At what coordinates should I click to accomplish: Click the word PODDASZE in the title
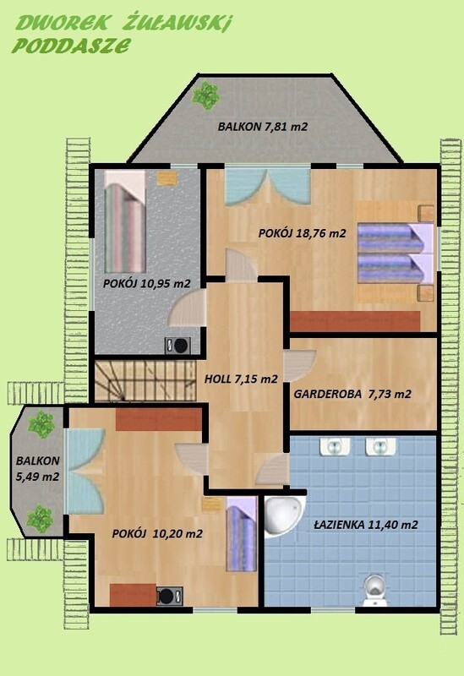71,45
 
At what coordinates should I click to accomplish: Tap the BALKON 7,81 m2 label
263,127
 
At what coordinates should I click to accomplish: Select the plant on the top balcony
205,95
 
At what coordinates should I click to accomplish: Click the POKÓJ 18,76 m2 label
303,233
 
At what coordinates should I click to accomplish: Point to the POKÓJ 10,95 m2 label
146,283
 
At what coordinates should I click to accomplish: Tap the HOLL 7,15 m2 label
241,379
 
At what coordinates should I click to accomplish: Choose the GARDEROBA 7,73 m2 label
352,394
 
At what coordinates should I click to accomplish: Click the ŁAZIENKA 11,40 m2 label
366,525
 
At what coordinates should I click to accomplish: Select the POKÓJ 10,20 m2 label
157,534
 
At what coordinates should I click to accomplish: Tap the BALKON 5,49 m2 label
37,468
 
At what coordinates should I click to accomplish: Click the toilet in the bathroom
374,590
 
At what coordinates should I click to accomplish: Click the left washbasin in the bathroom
335,447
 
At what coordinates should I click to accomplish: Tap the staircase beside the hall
145,381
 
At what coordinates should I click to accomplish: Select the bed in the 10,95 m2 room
125,221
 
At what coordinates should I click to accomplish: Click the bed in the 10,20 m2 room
242,535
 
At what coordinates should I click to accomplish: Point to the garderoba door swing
300,365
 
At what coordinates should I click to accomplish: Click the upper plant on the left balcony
41,424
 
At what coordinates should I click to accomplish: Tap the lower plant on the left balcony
40,519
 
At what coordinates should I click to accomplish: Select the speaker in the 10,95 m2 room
177,346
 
